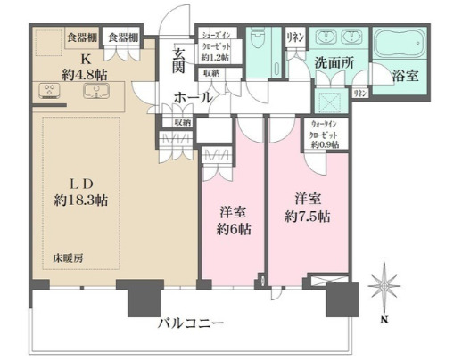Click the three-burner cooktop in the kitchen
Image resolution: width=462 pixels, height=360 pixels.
click(45, 90)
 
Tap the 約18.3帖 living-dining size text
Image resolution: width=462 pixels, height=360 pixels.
click(79, 201)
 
